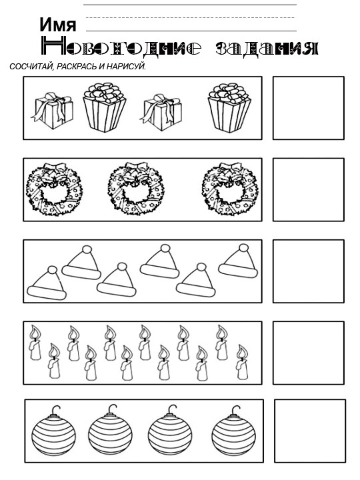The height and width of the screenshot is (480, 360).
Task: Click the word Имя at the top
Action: coord(59,25)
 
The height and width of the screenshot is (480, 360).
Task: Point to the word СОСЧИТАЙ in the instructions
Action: coord(31,67)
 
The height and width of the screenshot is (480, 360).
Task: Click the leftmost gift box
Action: coord(53,109)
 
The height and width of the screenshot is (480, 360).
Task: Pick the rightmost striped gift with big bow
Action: coord(229,107)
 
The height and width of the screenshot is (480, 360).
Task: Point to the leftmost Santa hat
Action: coord(46,283)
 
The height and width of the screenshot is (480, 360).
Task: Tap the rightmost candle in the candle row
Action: coord(242,363)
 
